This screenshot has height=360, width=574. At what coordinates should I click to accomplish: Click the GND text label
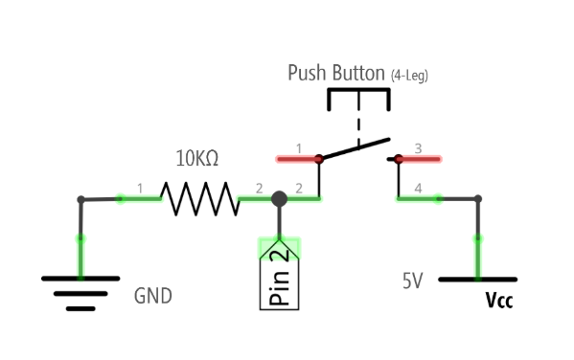point(153,296)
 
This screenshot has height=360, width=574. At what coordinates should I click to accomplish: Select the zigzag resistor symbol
point(198,199)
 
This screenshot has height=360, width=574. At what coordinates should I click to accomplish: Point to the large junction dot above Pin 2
point(279,199)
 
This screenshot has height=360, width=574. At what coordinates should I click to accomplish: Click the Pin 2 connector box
point(279,278)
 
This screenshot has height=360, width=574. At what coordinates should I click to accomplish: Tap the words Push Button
point(336,74)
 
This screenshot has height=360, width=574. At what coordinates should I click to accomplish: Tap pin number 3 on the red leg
point(418,148)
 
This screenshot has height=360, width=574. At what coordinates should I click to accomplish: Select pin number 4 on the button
point(418,189)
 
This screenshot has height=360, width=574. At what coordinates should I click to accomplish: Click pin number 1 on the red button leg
point(298,148)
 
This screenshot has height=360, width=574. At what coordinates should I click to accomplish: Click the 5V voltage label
point(412,281)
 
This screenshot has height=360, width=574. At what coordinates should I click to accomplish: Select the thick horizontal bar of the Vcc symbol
point(476,280)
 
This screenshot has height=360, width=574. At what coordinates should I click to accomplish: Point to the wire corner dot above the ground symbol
point(80,199)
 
